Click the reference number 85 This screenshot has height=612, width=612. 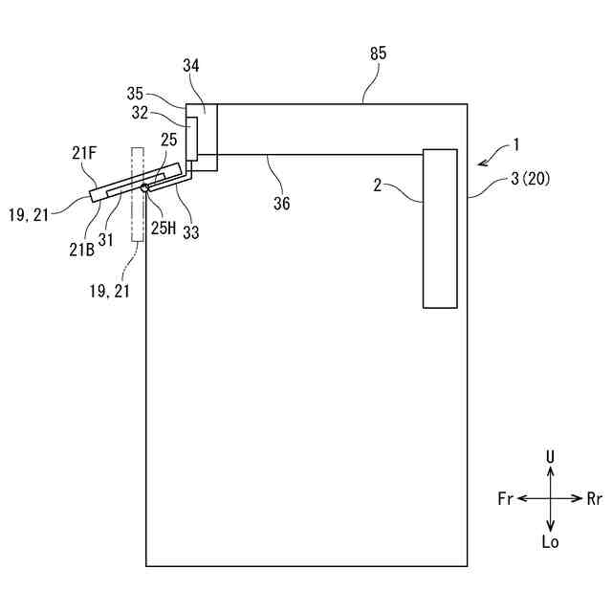[x=378, y=54]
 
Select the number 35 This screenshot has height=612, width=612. [x=135, y=94]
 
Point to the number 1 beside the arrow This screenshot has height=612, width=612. [x=515, y=144]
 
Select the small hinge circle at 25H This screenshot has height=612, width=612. [x=144, y=188]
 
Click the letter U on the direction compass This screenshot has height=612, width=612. [x=550, y=457]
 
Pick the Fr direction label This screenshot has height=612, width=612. [x=506, y=498]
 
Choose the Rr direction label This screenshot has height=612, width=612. [x=595, y=498]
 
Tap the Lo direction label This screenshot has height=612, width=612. [x=550, y=542]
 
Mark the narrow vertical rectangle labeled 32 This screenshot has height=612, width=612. [x=192, y=139]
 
